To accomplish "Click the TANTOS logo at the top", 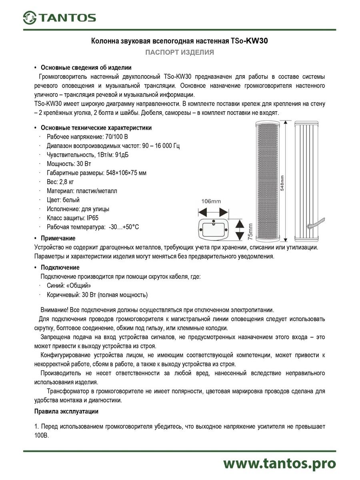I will (60, 17).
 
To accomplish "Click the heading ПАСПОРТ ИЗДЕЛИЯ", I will (179, 52).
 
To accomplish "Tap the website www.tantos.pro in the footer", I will (279, 463).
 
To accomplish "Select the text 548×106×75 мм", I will (124, 173).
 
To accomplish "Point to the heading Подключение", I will (60, 268).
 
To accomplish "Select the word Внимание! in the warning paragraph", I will (54, 310).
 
